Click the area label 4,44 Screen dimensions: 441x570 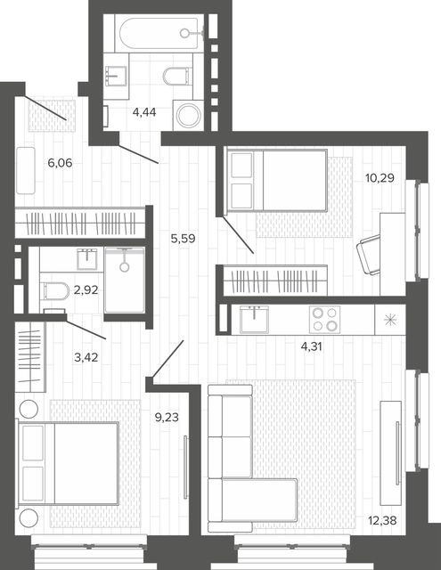(x=144, y=112)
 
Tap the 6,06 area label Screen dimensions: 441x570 (x=60, y=163)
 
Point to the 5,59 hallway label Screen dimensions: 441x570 (x=184, y=239)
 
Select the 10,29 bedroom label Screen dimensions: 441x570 (x=380, y=178)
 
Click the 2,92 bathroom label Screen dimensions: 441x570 (x=86, y=290)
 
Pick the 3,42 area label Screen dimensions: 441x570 (x=86, y=358)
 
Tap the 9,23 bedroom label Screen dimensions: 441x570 (x=167, y=418)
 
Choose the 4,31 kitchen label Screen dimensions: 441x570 (x=312, y=346)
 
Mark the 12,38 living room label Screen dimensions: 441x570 (x=382, y=521)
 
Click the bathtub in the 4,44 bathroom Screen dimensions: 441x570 (x=159, y=34)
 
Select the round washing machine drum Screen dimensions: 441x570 (x=188, y=115)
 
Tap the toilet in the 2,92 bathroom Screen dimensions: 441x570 (x=55, y=291)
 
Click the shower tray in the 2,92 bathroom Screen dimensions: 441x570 (x=125, y=280)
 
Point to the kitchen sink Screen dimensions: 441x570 (x=255, y=319)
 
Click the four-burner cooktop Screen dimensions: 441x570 (x=324, y=319)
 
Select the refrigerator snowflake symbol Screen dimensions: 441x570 (x=390, y=320)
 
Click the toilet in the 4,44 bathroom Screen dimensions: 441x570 (x=177, y=75)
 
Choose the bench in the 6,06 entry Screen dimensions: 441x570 (x=26, y=170)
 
